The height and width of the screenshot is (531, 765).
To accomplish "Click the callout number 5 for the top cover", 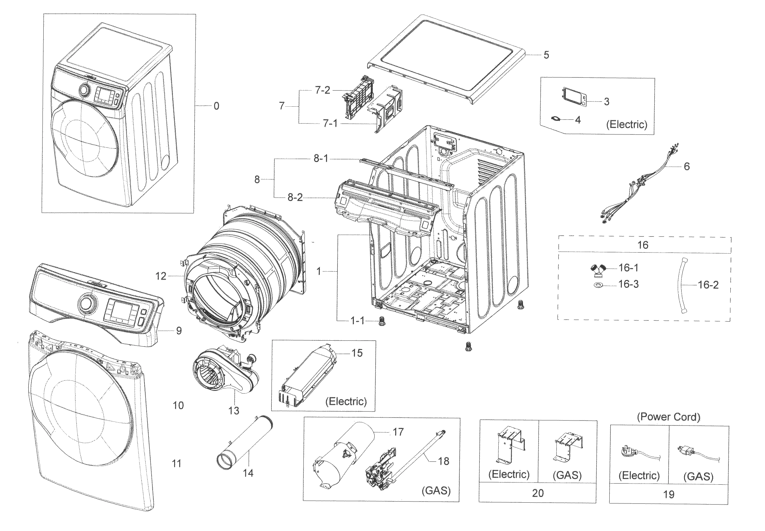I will [x=546, y=55].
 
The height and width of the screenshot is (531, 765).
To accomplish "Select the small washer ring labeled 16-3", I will [x=598, y=285].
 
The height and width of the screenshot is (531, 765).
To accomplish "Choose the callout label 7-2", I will [x=322, y=90].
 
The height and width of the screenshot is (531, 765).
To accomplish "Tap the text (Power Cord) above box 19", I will [x=668, y=417].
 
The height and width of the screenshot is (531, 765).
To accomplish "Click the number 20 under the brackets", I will [x=538, y=493].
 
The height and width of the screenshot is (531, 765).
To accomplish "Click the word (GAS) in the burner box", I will [x=436, y=490].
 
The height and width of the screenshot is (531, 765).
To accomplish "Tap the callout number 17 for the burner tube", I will [x=398, y=432].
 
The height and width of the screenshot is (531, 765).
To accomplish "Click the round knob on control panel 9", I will [x=88, y=304].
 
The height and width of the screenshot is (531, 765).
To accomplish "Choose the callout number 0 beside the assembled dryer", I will [x=216, y=106].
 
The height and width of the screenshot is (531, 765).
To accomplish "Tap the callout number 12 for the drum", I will [x=161, y=276].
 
